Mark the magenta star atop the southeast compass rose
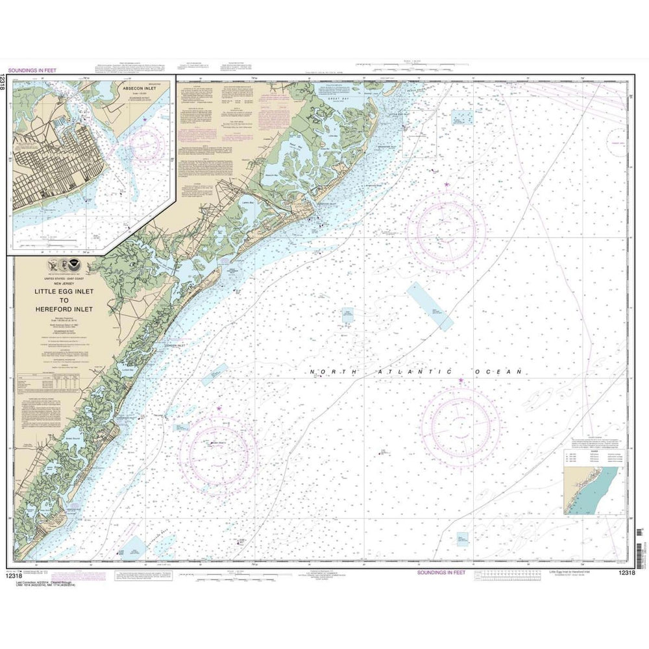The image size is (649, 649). click(461, 380)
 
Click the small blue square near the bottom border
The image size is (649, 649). click(462, 538)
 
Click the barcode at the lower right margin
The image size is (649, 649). click(640, 542)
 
